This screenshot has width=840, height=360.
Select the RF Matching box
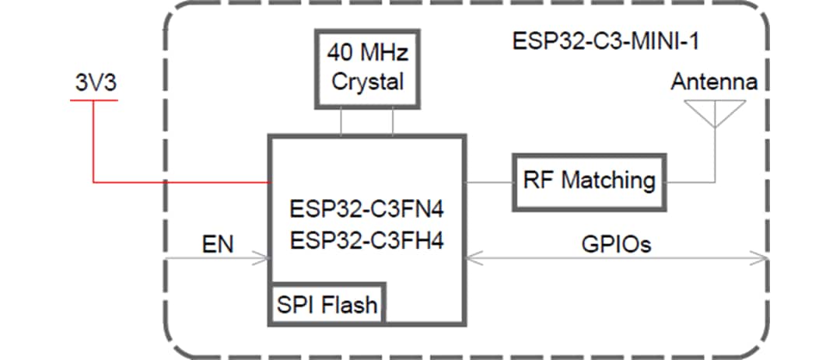(x=589, y=181)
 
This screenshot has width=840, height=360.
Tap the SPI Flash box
(x=327, y=305)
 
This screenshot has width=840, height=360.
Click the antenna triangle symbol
(x=715, y=114)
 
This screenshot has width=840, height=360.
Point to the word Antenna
(x=714, y=82)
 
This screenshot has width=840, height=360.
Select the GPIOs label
(x=617, y=246)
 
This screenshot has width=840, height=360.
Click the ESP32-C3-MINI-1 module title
(x=605, y=41)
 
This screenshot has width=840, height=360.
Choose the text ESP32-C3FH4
(x=366, y=241)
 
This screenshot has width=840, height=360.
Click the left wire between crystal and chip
(x=341, y=121)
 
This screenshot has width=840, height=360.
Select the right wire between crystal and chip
(x=393, y=121)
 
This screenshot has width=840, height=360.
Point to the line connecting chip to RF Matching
(x=489, y=182)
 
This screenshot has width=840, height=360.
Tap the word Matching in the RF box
(x=608, y=181)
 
